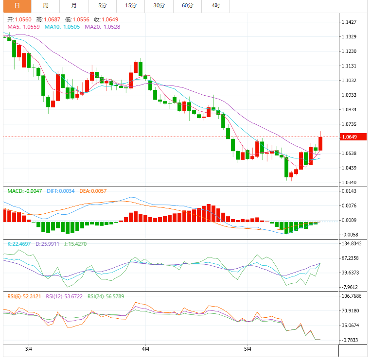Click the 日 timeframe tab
pos(17,5)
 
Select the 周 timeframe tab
pos(45,5)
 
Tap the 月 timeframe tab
pos(73,5)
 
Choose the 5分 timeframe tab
pos(102,5)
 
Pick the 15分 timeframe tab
pos(130,5)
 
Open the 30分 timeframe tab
pos(159,5)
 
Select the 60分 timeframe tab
pos(187,5)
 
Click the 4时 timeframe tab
pos(215,5)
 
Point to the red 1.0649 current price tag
pos(350,137)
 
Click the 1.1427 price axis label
pos(349,22)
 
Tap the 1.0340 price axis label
pos(349,183)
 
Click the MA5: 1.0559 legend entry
pos(24,27)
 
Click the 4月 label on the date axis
pos(145,348)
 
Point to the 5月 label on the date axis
pos(247,348)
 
